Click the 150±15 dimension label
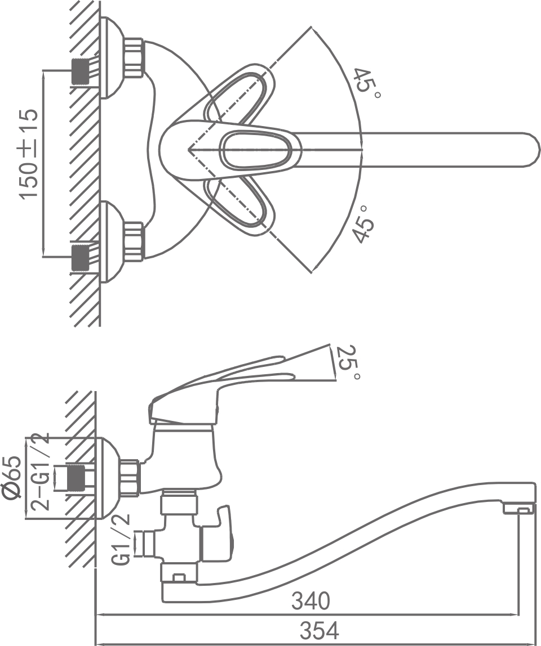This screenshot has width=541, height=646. click(x=30, y=152)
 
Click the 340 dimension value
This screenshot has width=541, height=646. click(x=311, y=602)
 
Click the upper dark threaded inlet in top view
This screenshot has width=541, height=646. click(x=81, y=70)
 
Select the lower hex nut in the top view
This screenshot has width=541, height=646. click(x=134, y=241)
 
